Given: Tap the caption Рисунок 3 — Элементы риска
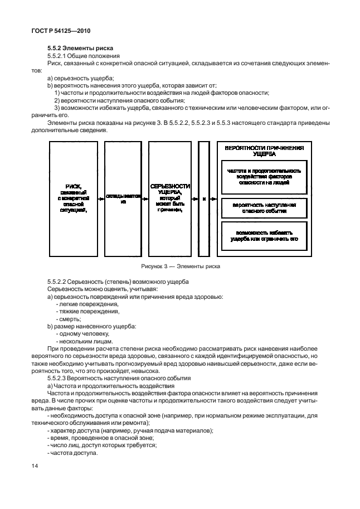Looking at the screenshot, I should (179, 266).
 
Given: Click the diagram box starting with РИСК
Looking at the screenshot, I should (73, 198).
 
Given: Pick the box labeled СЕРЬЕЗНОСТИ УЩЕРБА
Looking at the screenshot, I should (170, 198).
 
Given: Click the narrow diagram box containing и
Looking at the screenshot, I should (204, 198).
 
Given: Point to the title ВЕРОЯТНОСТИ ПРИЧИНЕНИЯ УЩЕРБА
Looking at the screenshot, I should (264, 152).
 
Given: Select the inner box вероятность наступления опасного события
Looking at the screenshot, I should (264, 208).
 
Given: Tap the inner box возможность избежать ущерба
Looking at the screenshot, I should (264, 235).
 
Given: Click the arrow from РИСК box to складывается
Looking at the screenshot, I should (101, 198).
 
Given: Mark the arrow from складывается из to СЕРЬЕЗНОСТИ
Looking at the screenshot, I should (144, 198).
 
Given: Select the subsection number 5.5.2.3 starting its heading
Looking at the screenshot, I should (60, 379).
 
